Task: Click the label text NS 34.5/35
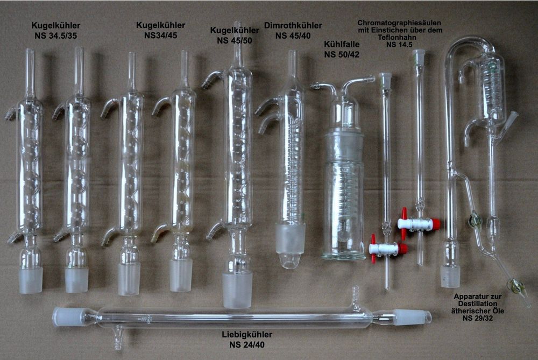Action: [55, 36]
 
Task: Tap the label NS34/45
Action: [160, 36]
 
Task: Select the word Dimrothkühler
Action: [293, 25]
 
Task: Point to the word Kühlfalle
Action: [342, 44]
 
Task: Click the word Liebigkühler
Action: [247, 335]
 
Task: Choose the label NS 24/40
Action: [247, 344]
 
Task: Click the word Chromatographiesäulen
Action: [399, 23]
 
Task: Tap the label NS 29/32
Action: [478, 319]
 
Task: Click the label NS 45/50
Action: [235, 40]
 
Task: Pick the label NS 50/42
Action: [342, 54]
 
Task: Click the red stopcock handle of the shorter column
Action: [388, 248]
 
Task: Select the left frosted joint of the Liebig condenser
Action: [69, 316]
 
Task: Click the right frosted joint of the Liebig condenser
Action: [412, 317]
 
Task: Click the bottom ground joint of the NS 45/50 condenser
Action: [237, 290]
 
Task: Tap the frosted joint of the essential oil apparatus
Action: [450, 276]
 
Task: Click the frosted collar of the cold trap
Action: [343, 147]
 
